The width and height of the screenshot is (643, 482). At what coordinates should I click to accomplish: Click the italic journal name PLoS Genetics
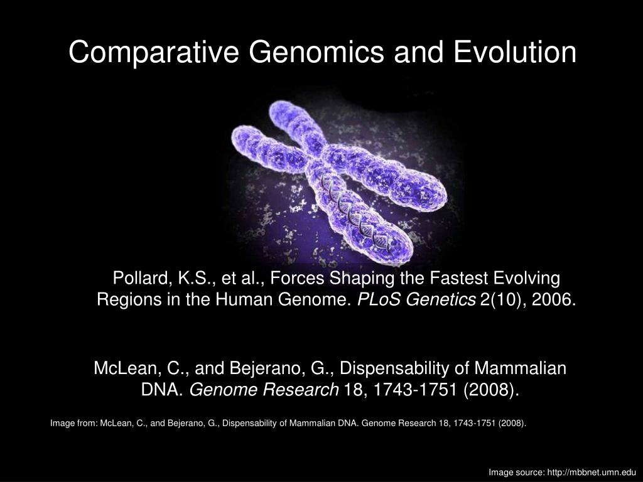[416, 299]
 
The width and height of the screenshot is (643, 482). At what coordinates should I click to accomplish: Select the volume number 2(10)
[502, 299]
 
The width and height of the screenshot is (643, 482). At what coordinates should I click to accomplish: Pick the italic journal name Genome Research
[264, 390]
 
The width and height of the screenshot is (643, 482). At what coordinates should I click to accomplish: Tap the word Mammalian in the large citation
[522, 368]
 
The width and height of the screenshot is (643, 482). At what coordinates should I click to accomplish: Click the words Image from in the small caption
[73, 423]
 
